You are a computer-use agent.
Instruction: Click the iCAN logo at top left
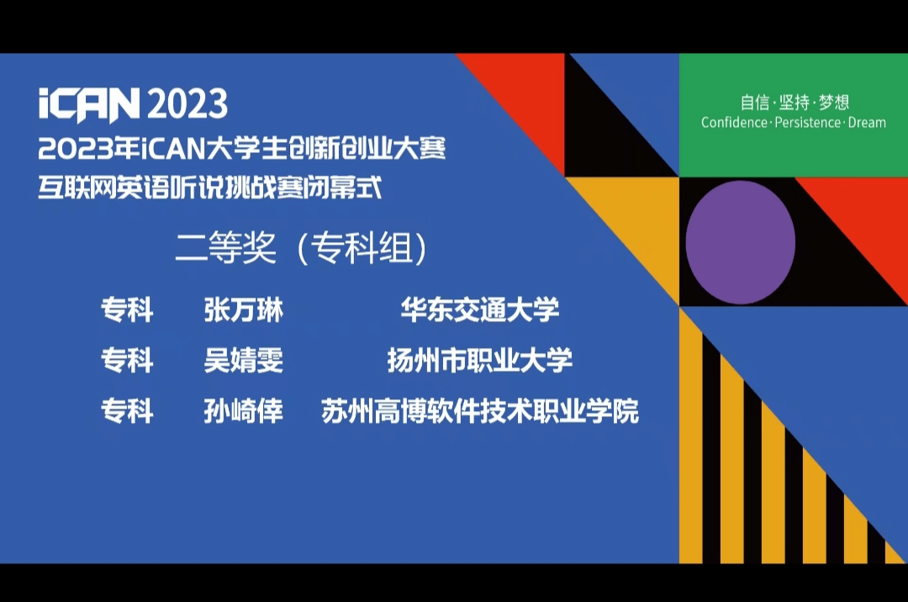(x=89, y=105)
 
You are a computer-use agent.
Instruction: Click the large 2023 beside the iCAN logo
(x=187, y=104)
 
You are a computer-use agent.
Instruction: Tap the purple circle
(x=740, y=242)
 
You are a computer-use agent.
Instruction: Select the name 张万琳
(x=243, y=309)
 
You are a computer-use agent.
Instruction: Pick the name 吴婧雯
(x=243, y=360)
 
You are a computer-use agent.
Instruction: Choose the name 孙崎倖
(x=243, y=411)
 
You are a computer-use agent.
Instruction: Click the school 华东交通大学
(x=480, y=309)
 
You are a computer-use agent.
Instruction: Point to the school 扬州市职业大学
(x=480, y=360)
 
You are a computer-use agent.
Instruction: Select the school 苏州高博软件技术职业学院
(x=480, y=411)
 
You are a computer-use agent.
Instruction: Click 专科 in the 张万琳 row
(x=128, y=309)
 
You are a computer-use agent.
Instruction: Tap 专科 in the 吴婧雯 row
(x=128, y=360)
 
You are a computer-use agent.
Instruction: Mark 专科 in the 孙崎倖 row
(x=128, y=411)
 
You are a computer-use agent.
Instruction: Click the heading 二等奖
(x=226, y=248)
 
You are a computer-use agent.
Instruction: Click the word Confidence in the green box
(x=734, y=123)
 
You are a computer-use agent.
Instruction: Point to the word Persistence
(x=808, y=123)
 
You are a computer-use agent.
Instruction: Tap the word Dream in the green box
(x=867, y=123)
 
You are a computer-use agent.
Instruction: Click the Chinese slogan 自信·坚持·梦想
(x=794, y=103)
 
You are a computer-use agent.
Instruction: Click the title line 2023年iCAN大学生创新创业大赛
(x=242, y=149)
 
